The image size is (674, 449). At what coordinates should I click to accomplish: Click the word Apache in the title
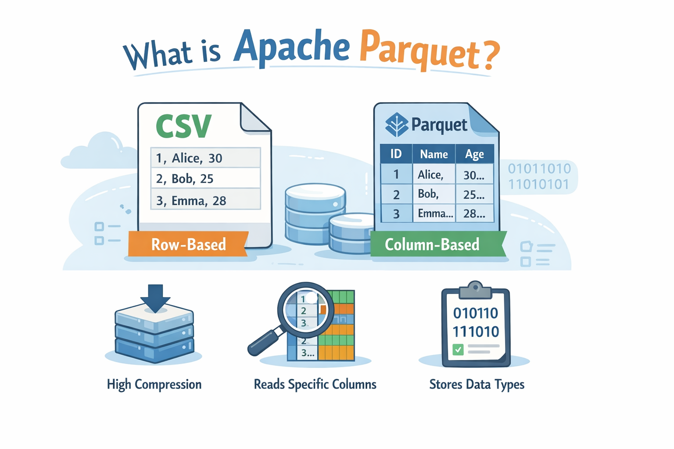pos(291,47)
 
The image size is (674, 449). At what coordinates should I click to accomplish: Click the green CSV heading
pos(183,126)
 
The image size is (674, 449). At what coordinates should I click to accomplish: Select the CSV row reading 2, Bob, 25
pos(205,178)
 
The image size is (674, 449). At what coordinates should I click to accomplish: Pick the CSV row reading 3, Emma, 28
pos(205,200)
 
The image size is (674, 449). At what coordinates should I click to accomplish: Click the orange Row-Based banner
pos(188,244)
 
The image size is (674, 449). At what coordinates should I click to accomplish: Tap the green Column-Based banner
pos(432,244)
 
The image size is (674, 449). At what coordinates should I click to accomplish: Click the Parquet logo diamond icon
pos(396,125)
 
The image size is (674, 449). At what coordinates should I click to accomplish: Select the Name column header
pos(434,154)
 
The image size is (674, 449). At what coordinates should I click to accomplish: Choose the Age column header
pos(474,154)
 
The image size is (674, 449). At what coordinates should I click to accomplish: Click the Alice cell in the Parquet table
pos(433,175)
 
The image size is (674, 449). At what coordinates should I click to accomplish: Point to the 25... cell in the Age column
pos(474,194)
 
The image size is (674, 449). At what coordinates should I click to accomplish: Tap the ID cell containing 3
pos(396,214)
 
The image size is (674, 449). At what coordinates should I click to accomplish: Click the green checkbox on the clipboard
pos(458,349)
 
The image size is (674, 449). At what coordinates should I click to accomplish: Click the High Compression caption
pos(154,385)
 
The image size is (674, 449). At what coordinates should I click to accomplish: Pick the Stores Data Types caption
pos(477,385)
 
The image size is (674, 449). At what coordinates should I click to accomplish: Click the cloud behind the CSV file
pos(99,151)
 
